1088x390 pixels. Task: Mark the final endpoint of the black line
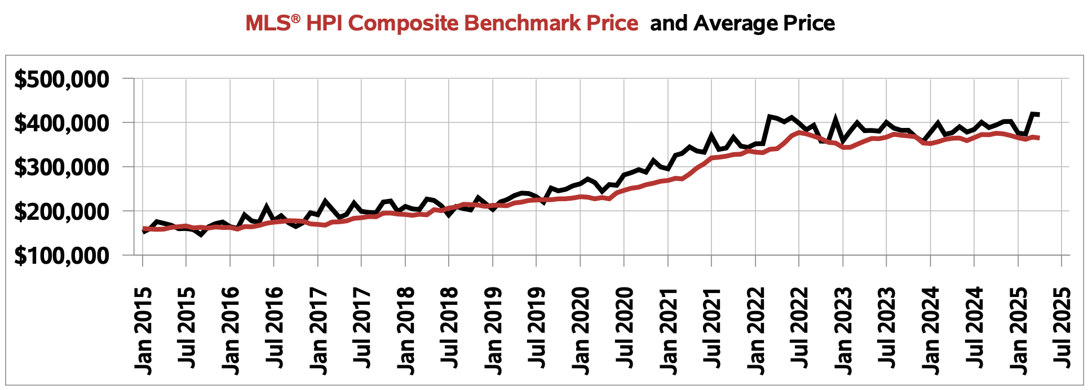(x=1038, y=114)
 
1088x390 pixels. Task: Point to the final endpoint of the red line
(x=1038, y=138)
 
